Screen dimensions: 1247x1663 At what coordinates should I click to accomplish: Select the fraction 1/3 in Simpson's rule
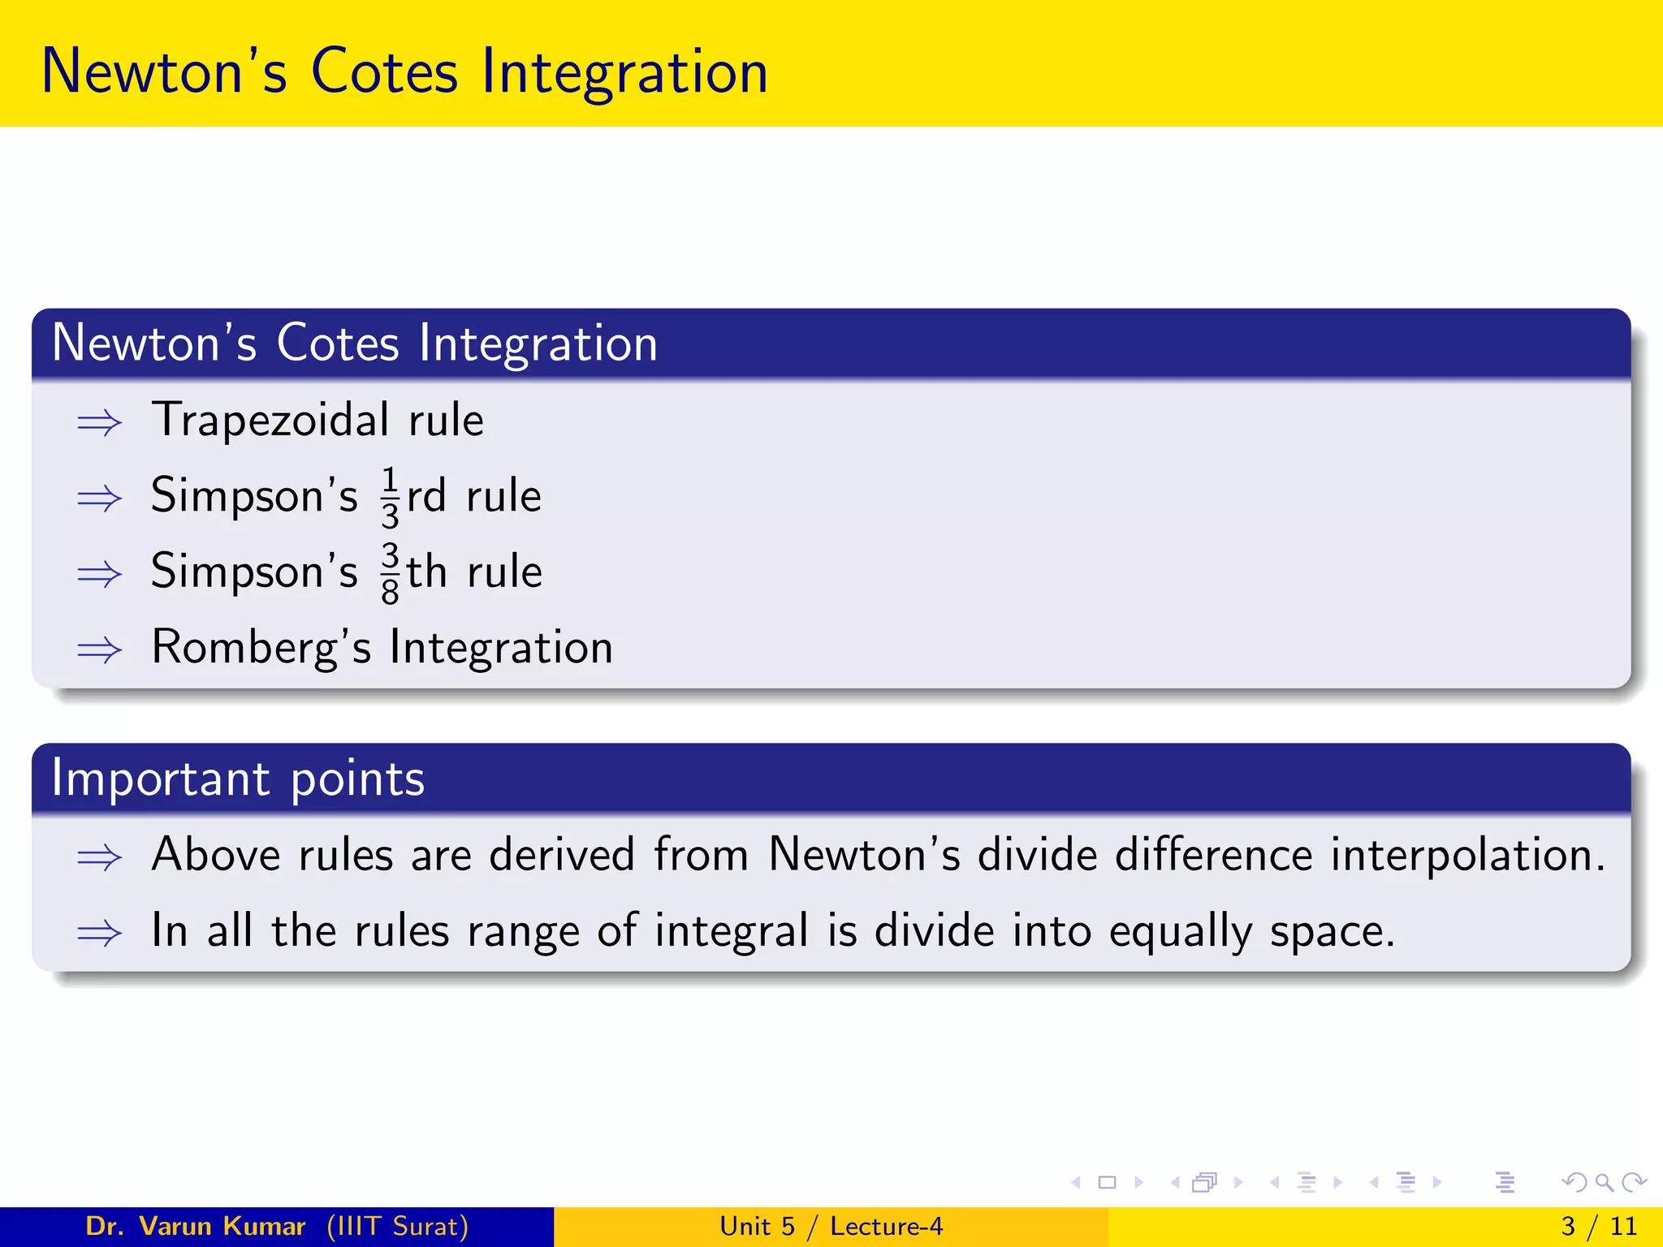390,497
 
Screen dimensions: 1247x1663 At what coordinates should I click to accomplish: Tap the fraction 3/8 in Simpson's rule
390,573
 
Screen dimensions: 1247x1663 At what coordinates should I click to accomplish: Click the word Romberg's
261,648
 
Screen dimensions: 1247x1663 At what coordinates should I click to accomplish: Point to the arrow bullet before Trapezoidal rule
99,423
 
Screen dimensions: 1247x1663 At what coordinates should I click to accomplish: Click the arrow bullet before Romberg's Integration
99,650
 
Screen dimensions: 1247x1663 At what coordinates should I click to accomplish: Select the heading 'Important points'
238,779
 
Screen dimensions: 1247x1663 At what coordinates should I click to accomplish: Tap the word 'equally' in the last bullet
1181,931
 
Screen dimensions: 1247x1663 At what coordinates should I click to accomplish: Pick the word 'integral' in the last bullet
732,931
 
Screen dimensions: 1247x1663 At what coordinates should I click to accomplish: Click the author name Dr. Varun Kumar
196,1226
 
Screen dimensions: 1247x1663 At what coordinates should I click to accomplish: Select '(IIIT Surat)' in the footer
398,1226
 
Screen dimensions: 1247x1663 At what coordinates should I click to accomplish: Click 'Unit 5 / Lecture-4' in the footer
831,1226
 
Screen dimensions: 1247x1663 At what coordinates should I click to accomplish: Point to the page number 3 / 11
1599,1226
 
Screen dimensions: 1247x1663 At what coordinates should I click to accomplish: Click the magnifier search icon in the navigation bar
1604,1182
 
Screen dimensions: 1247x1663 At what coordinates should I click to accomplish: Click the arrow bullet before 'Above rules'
99,857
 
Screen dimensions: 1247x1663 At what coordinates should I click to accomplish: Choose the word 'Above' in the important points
216,855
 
